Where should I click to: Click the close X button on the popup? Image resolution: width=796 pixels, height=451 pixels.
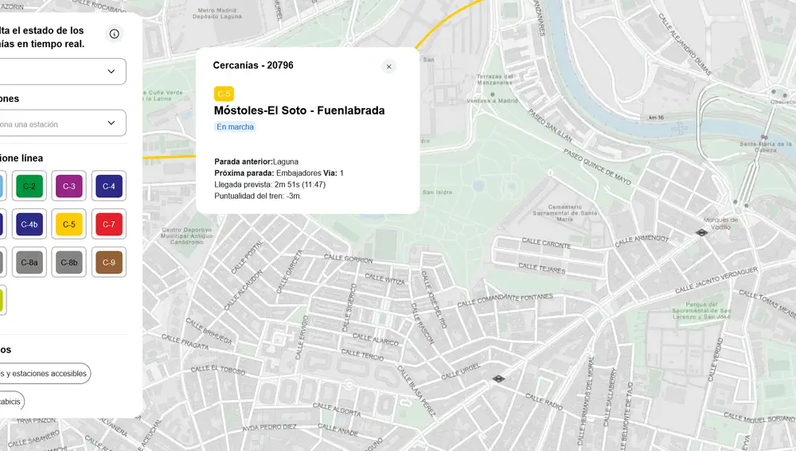(388, 67)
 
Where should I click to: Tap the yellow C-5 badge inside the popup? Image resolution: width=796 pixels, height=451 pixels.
(224, 94)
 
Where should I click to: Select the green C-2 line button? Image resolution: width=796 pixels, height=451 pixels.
(29, 187)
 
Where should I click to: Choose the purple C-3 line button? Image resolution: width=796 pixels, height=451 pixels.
(69, 187)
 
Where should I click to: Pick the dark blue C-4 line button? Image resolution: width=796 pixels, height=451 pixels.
(109, 187)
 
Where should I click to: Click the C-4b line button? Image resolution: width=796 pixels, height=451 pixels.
(29, 224)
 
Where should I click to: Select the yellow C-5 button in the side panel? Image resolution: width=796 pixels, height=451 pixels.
(69, 224)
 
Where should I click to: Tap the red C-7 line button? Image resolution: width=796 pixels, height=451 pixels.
(109, 224)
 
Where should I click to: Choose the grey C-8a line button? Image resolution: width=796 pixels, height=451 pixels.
(29, 262)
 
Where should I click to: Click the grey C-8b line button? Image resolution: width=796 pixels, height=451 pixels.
(69, 262)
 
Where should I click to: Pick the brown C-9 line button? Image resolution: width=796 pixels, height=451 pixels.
(109, 262)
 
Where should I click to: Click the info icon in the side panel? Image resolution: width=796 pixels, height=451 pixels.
(115, 33)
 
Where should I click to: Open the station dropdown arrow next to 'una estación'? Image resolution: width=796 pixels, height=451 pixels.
(111, 123)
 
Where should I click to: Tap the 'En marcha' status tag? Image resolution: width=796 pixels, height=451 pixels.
(236, 126)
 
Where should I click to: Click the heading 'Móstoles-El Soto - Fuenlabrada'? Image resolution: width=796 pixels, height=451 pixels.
(299, 111)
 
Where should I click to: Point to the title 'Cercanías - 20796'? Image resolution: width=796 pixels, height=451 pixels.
(253, 65)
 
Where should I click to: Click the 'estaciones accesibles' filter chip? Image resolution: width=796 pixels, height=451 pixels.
(45, 373)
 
